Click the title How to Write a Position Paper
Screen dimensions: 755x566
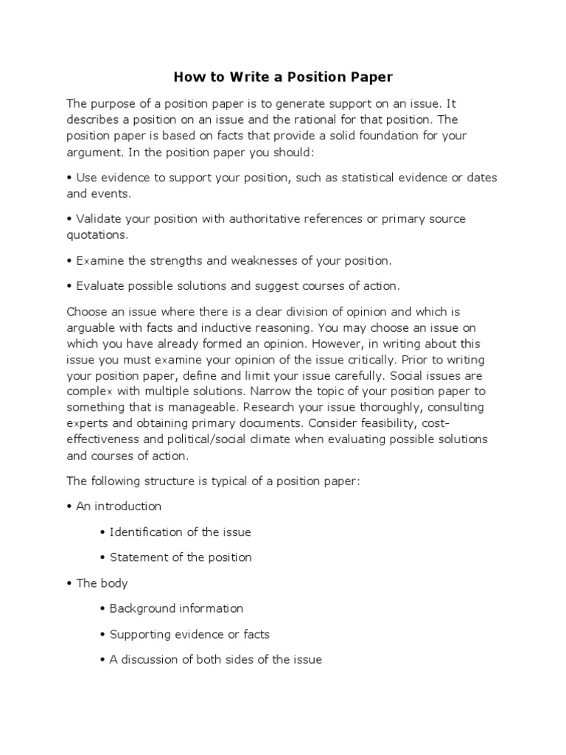[283, 77]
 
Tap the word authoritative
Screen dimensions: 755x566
[271, 219]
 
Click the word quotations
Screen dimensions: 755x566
[97, 235]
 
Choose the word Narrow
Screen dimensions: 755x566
[282, 391]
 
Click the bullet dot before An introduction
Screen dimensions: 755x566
[69, 507]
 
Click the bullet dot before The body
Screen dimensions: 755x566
[69, 583]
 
